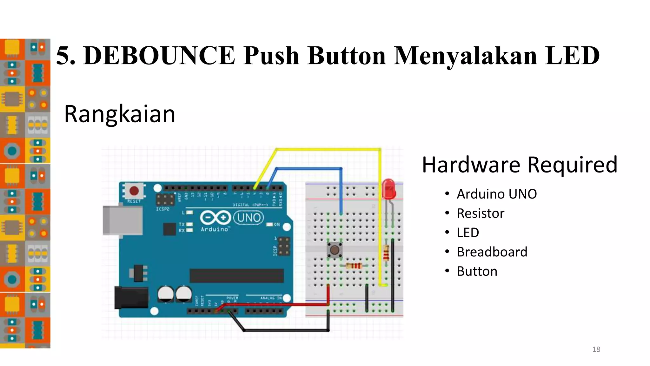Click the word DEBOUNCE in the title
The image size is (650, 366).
pos(159,56)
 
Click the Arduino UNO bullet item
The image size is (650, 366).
pos(496,194)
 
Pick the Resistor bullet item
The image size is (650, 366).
pos(480,213)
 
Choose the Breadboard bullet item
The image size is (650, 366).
pos(492,252)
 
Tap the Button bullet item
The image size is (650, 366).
pos(477,271)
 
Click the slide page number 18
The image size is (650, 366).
pos(596,349)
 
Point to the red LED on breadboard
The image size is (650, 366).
pos(388,189)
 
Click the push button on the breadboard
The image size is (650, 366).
pos(334,250)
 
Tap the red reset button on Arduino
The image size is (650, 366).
pos(134,191)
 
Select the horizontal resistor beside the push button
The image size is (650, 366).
pos(353,266)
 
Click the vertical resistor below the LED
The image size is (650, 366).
pos(386,253)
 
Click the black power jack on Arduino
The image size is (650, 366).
pos(131,298)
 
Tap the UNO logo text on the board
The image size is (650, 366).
pos(249,218)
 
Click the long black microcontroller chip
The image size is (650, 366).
pos(236,275)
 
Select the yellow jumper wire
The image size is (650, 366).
pos(327,149)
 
